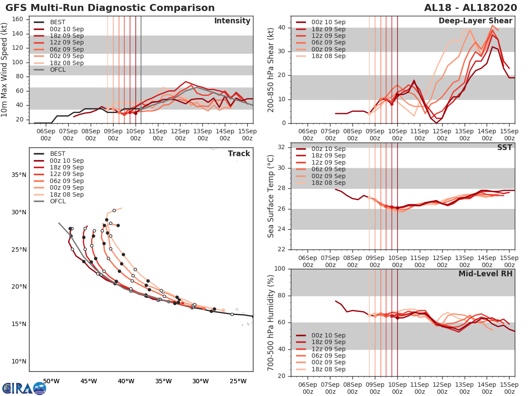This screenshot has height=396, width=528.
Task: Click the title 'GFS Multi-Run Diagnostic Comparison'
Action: click(110, 8)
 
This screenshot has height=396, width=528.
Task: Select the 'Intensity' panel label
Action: click(232, 21)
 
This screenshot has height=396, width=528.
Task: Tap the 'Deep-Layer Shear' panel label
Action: click(475, 21)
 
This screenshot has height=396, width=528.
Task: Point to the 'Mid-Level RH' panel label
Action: click(485, 274)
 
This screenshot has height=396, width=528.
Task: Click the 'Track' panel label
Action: click(239, 154)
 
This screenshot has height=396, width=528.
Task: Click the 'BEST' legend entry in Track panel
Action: click(58, 154)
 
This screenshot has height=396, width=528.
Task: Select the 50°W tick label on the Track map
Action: click(51, 381)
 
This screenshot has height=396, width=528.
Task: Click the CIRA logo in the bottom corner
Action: click(24, 388)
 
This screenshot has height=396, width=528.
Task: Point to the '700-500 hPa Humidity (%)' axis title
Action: click(271, 322)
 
